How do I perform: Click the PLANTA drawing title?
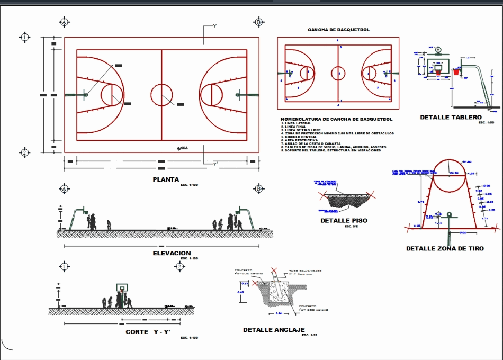[x=166, y=179]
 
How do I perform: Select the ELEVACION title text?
[x=171, y=253]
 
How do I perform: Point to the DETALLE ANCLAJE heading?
[x=274, y=330]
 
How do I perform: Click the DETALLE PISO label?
[x=344, y=220]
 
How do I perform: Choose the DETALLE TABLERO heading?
[x=451, y=117]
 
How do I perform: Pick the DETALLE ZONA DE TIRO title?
[x=445, y=248]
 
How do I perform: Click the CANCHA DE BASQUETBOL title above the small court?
[x=339, y=30]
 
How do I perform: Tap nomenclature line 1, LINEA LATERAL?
[x=297, y=123]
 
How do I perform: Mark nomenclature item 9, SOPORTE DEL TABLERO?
[x=331, y=150]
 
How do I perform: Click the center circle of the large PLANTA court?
[x=161, y=95]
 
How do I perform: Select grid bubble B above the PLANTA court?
[x=258, y=22]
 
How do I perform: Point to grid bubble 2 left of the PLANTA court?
[x=24, y=152]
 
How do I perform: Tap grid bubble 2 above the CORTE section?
[x=180, y=266]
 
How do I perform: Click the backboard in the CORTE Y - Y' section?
[x=122, y=288]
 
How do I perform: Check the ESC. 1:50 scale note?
[x=486, y=123]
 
